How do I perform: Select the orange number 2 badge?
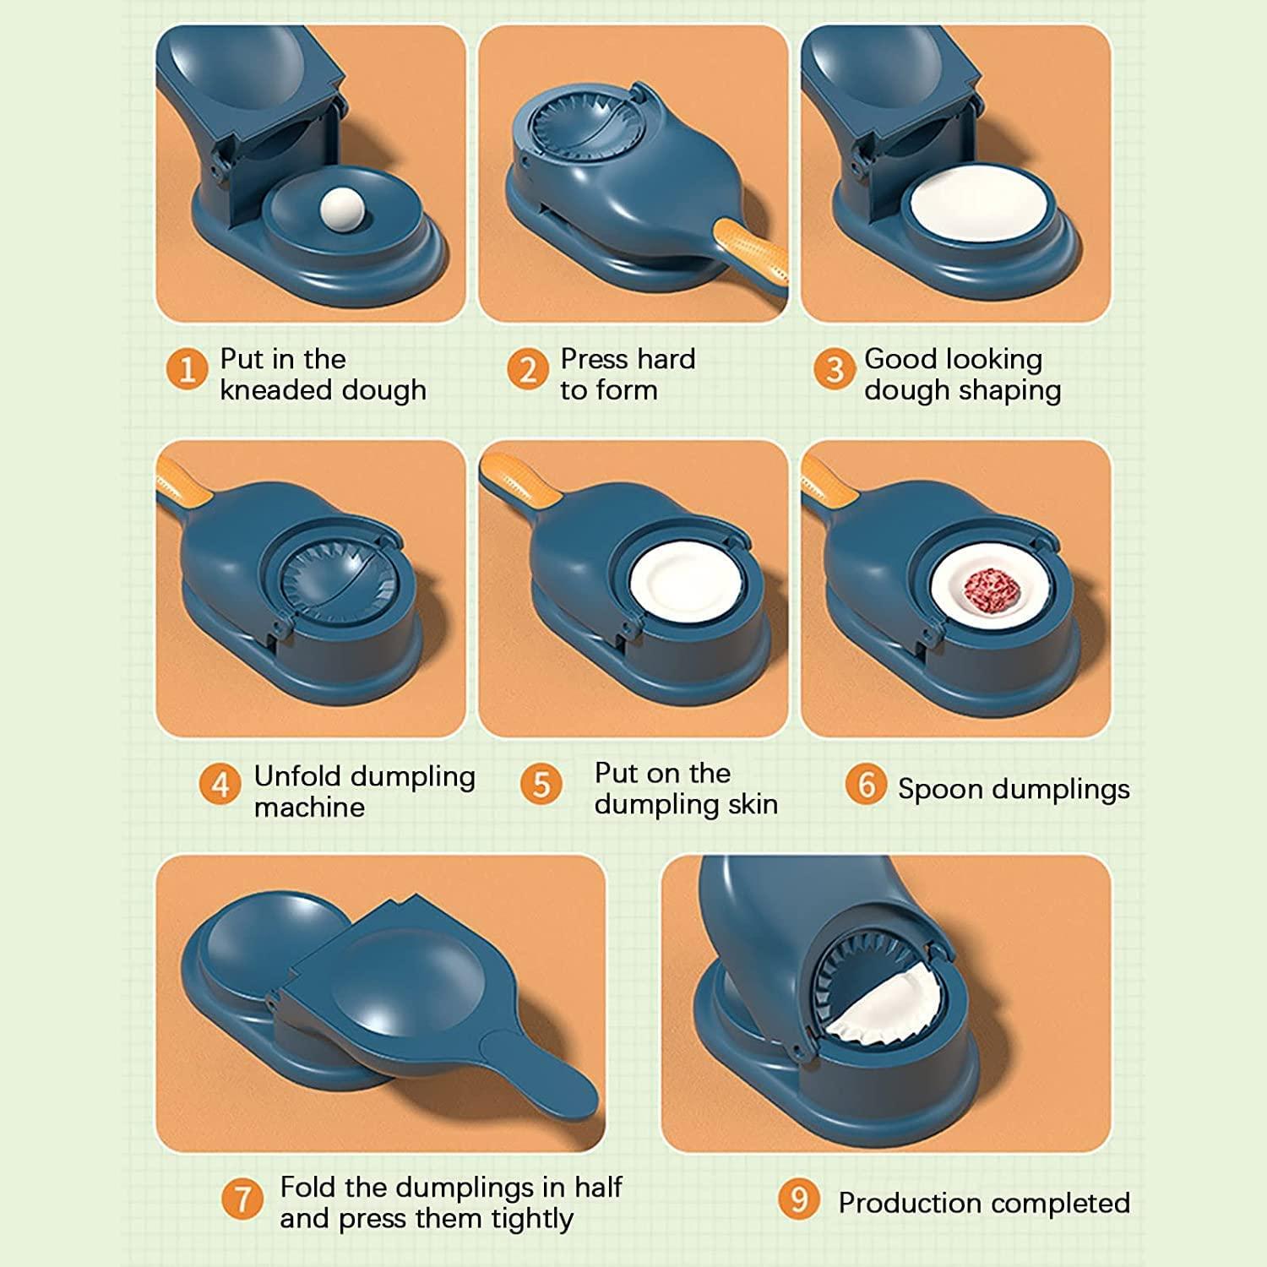(x=528, y=369)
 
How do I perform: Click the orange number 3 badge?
(x=835, y=369)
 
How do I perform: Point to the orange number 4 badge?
(x=220, y=785)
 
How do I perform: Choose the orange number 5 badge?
(x=541, y=785)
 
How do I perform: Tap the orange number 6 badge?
(x=866, y=785)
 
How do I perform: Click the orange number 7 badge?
(x=242, y=1199)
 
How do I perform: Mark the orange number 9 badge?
(x=799, y=1199)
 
